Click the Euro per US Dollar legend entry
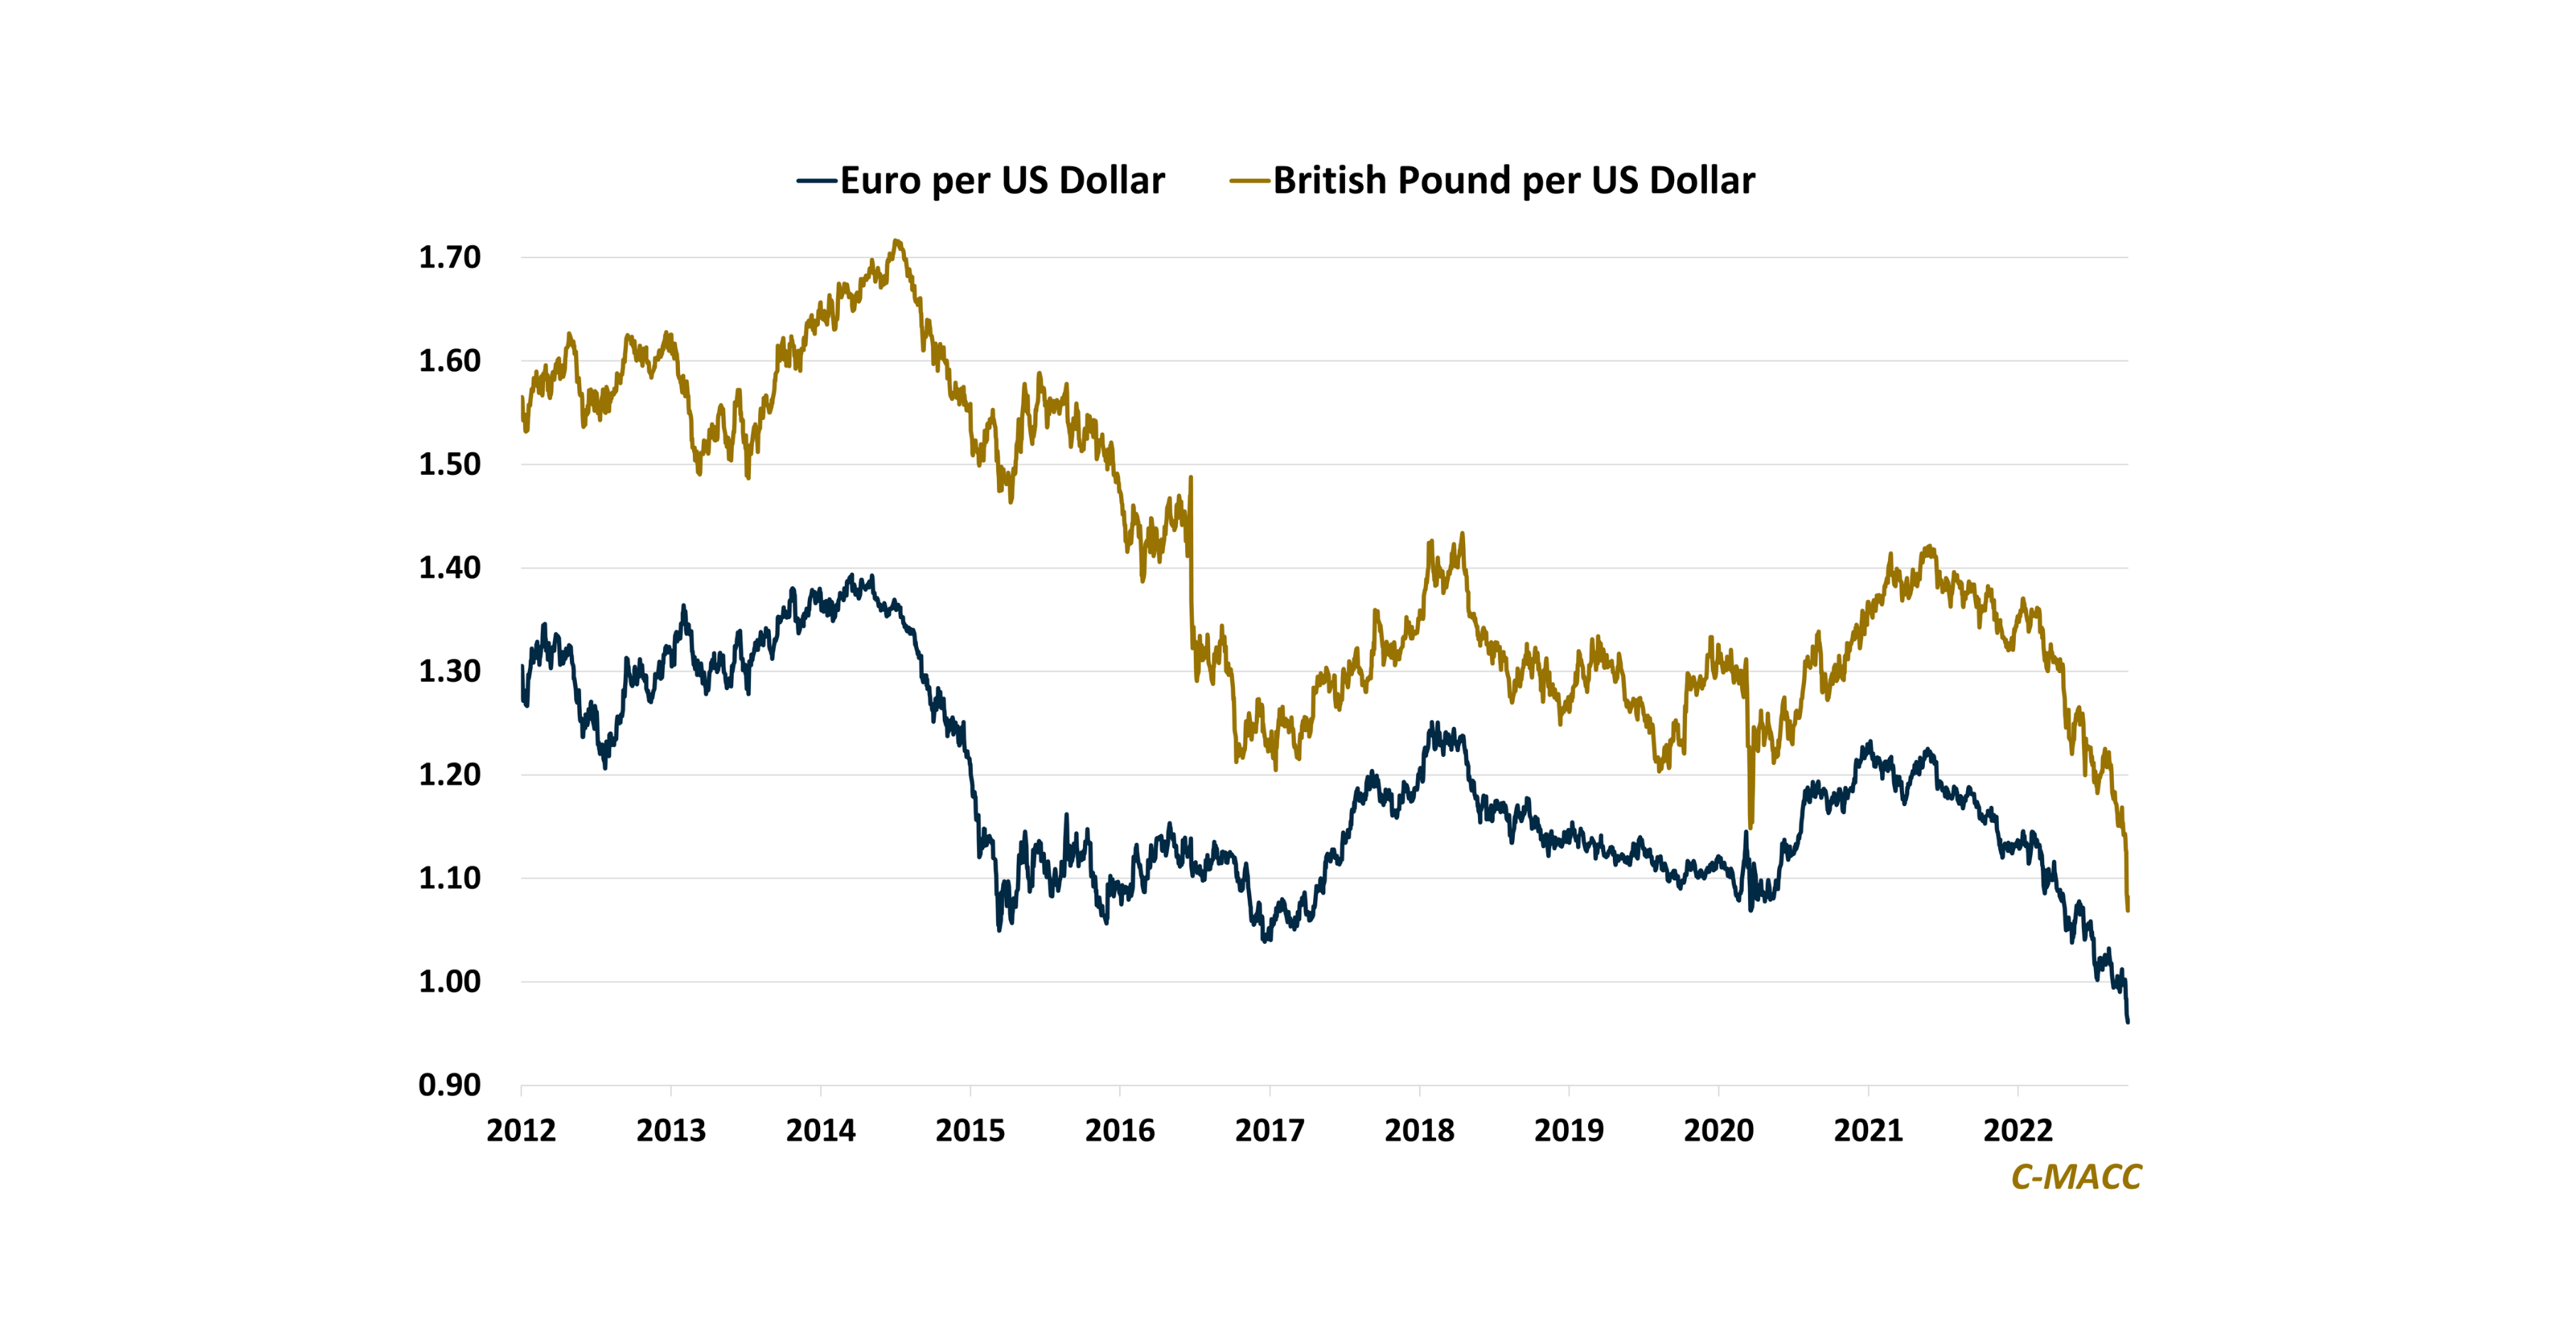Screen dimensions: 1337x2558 [1002, 181]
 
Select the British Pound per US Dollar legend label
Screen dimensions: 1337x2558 [1513, 181]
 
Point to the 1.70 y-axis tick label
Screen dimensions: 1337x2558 [450, 257]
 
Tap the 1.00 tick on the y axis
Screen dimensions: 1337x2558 [450, 982]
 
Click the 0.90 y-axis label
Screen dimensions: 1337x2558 [450, 1085]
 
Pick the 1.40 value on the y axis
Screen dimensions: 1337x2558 [450, 567]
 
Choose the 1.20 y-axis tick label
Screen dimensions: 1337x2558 [450, 775]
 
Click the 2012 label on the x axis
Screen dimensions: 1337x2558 [522, 1130]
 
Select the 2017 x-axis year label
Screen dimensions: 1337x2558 [1269, 1130]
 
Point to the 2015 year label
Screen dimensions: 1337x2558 [970, 1130]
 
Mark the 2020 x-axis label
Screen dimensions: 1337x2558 [1718, 1130]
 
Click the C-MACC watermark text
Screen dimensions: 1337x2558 [2076, 1177]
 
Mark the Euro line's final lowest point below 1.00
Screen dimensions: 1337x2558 [2127, 1021]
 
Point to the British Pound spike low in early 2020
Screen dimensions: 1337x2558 [1749, 825]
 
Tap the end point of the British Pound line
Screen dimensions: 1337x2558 [2127, 909]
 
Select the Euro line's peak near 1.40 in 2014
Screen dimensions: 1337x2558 [851, 576]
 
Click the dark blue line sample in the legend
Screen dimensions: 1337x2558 [817, 181]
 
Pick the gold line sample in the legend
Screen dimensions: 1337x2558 [1250, 181]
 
